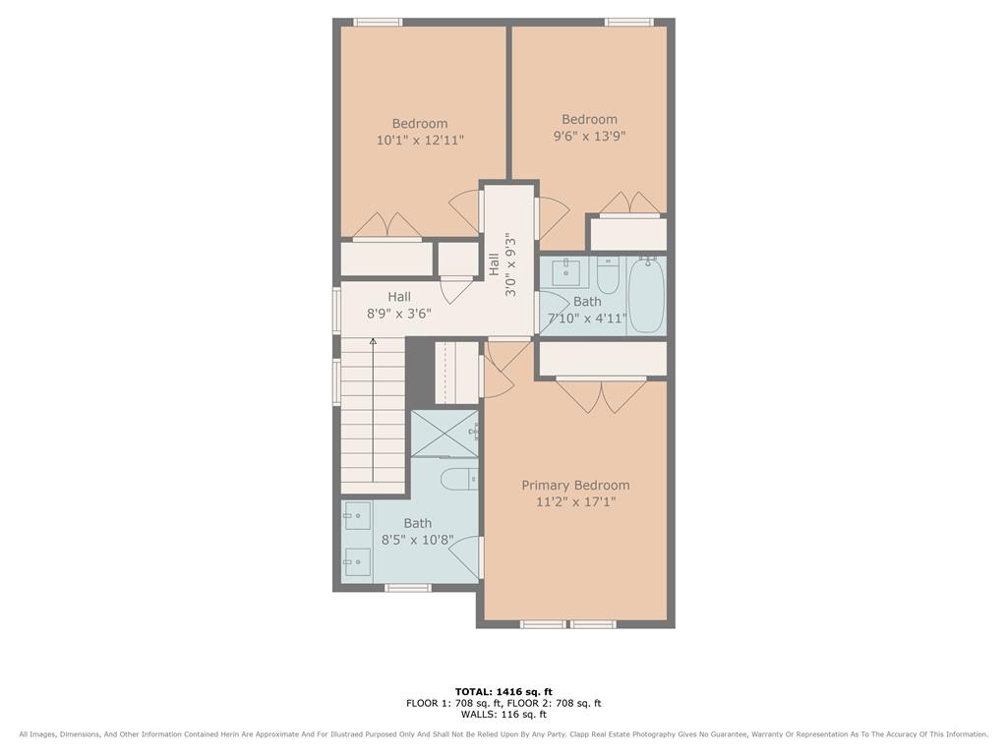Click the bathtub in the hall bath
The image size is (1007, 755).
(647, 295)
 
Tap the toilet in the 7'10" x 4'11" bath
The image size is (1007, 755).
(608, 275)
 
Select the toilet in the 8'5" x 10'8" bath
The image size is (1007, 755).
(460, 479)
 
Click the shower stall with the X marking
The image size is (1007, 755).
(444, 434)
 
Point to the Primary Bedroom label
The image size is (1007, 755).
(575, 486)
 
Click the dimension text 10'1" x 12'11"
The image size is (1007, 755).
(420, 140)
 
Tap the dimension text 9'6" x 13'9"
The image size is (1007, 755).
(590, 136)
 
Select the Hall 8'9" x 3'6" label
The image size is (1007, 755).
(399, 306)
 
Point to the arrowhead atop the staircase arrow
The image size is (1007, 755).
(373, 341)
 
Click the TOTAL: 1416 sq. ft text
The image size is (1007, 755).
(503, 691)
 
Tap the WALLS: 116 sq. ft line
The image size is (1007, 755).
(503, 714)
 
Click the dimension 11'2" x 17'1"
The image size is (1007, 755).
(575, 502)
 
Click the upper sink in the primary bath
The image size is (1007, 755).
(357, 515)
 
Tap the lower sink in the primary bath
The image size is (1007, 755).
(357, 562)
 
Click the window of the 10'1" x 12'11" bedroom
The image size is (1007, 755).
(379, 23)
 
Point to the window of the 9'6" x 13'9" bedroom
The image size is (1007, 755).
(629, 23)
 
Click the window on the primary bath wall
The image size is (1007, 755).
(407, 588)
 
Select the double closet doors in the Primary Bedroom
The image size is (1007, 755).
(601, 395)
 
